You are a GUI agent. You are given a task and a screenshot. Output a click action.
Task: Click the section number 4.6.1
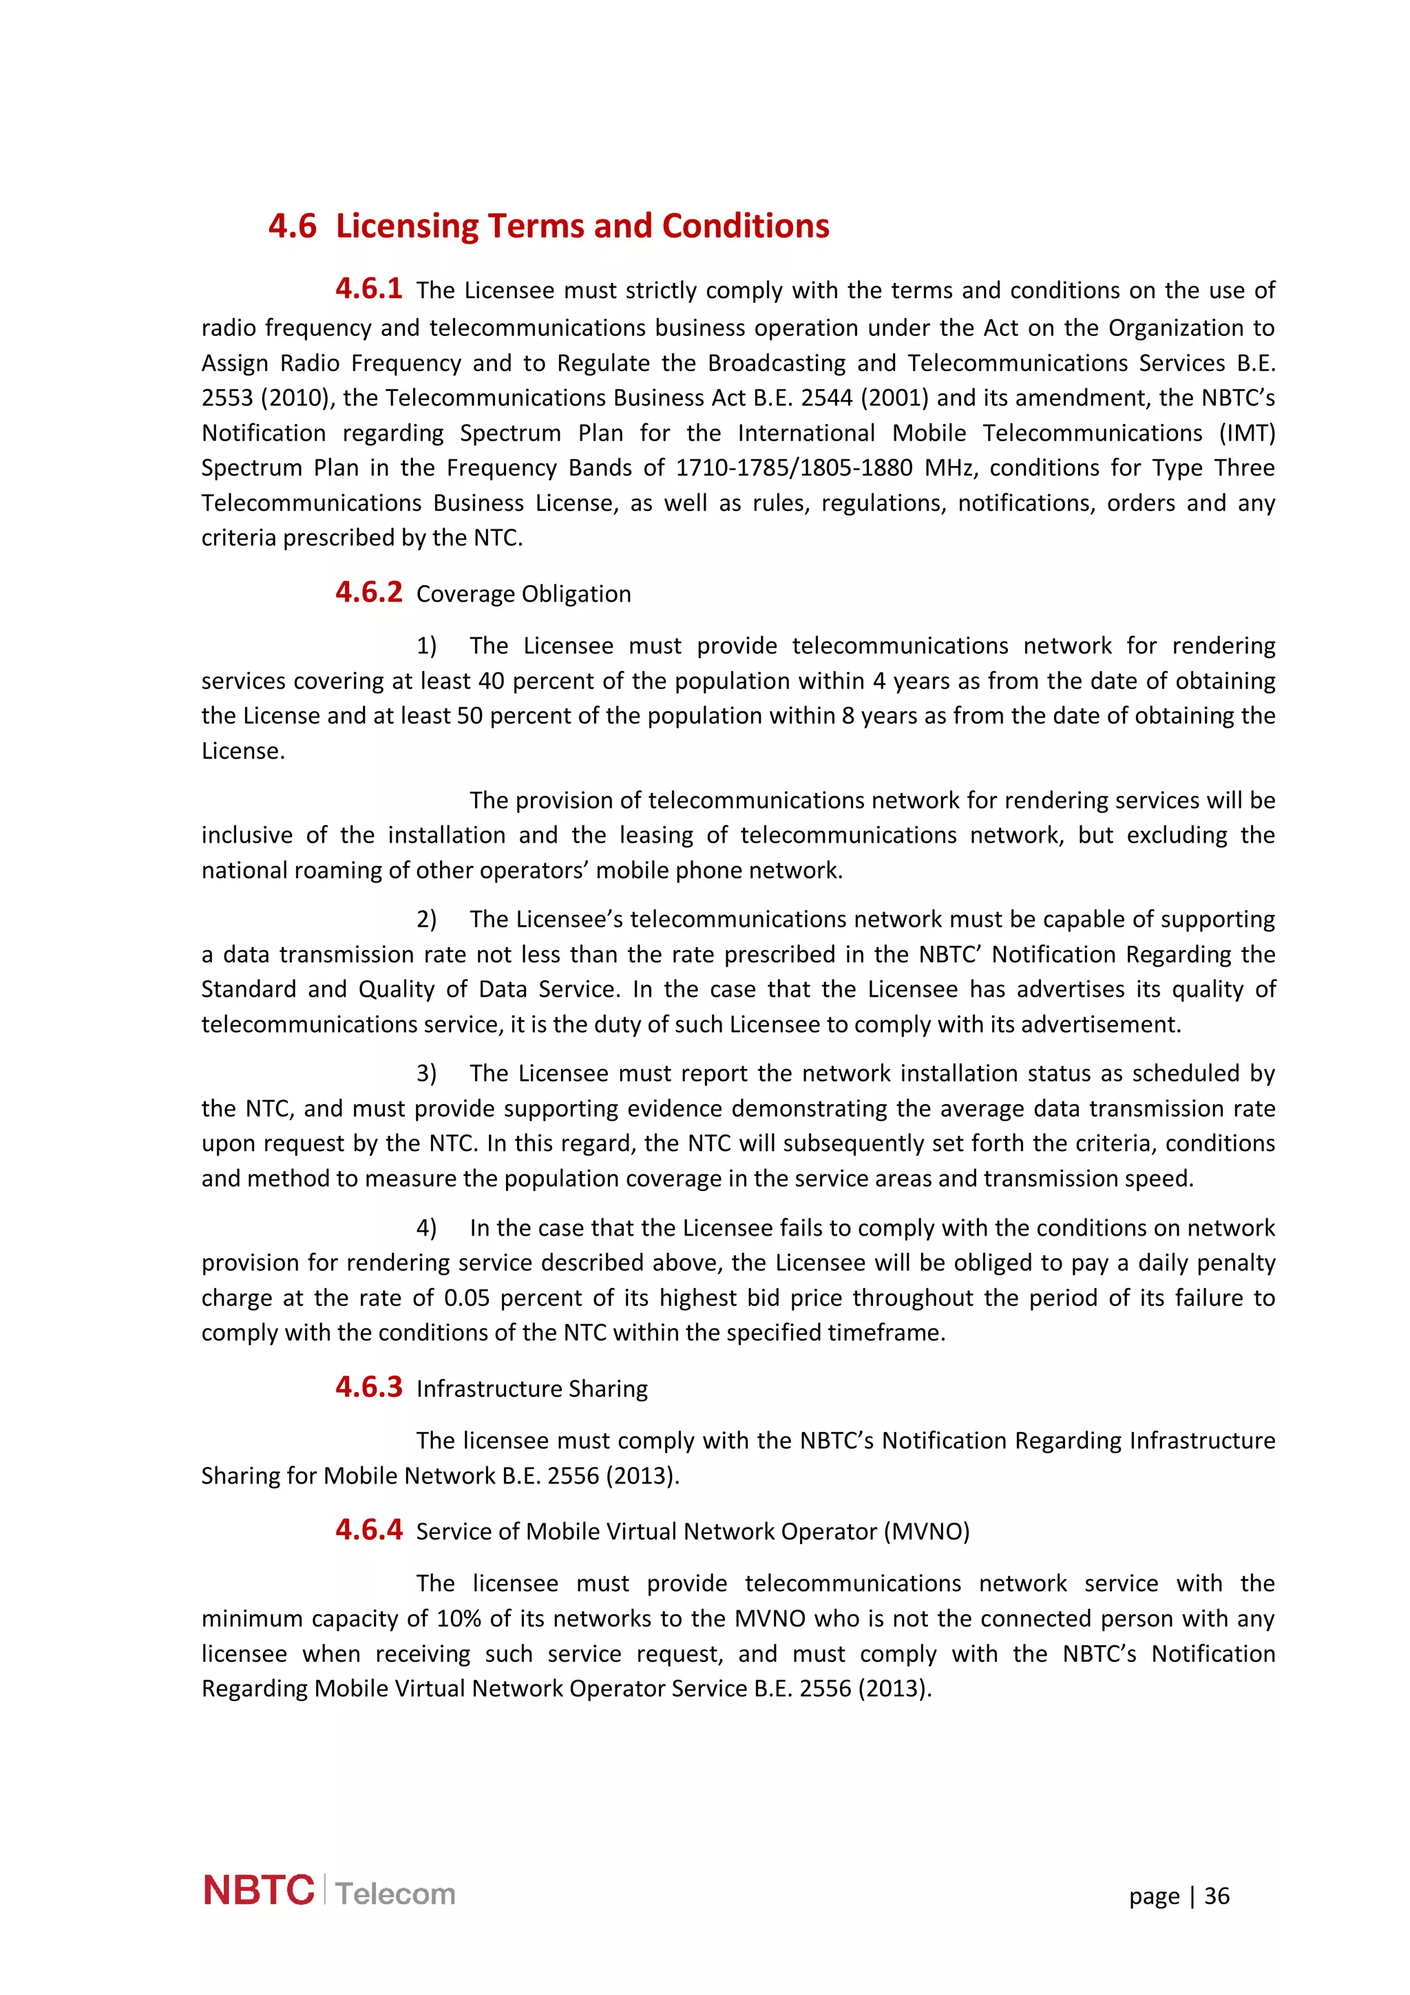[x=368, y=288]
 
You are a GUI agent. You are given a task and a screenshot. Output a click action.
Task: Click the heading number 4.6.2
[x=368, y=593]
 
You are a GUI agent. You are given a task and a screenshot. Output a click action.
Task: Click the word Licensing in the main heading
[x=406, y=226]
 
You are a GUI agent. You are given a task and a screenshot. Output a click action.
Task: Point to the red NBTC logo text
[x=259, y=1892]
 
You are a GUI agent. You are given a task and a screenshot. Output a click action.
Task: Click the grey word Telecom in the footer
[x=395, y=1894]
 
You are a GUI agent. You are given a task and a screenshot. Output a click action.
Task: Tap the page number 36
[x=1217, y=1896]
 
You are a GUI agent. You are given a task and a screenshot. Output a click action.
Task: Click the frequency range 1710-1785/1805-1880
[x=794, y=467]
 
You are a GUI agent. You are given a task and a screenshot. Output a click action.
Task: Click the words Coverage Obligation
[x=523, y=594]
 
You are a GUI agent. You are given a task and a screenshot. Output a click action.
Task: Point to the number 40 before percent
[x=491, y=682]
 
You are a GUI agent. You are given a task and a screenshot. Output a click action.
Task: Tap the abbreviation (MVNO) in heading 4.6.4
[x=926, y=1532]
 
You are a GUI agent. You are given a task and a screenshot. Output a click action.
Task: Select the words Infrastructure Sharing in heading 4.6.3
[x=532, y=1389]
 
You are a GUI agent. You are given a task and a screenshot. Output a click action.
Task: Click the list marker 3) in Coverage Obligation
[x=425, y=1074]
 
